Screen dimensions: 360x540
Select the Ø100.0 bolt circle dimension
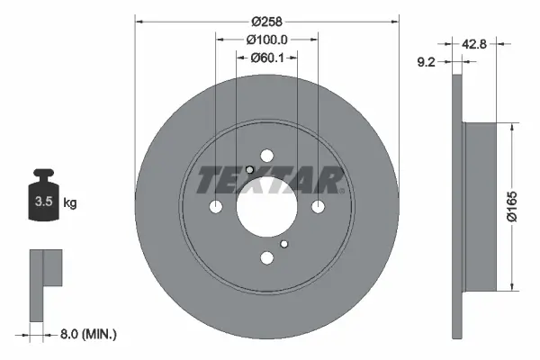pyautogui.click(x=266, y=40)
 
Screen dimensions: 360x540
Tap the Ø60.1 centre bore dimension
pyautogui.click(x=266, y=58)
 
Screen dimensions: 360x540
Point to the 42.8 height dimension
pyautogui.click(x=477, y=43)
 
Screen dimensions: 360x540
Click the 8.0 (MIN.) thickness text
pyautogui.click(x=86, y=334)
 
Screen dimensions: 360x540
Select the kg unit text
pyautogui.click(x=70, y=203)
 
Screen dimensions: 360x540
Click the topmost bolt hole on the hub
pyautogui.click(x=267, y=156)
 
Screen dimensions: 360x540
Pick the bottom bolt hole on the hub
pyautogui.click(x=267, y=258)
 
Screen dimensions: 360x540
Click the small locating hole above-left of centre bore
pyautogui.click(x=249, y=170)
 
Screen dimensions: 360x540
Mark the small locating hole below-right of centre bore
pyautogui.click(x=284, y=244)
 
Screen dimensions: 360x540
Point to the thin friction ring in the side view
pyautogui.click(x=456, y=207)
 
